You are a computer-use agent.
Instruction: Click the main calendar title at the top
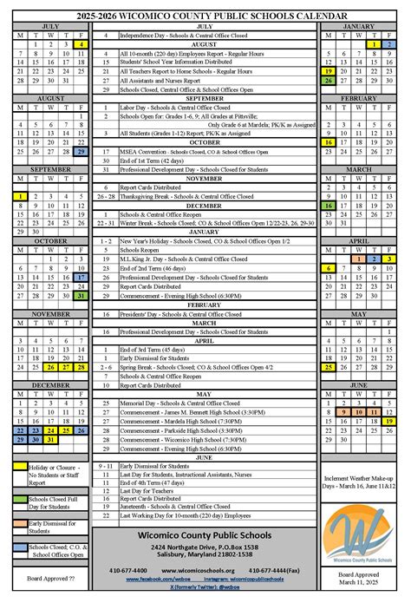(205, 16)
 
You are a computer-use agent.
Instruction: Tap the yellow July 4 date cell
(81, 43)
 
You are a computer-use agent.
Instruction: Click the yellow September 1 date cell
(20, 197)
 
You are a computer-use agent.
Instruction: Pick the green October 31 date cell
(81, 295)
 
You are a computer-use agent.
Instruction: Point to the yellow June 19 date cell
(389, 420)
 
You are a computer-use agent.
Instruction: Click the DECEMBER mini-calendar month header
(50, 384)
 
